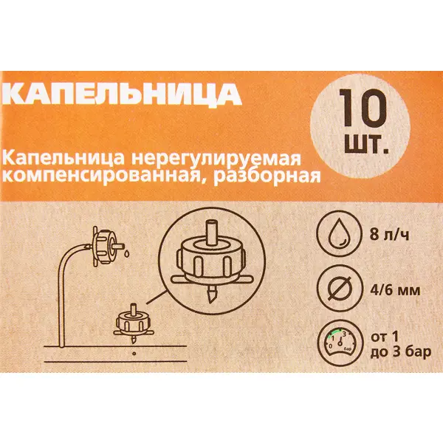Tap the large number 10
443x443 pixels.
[x=363, y=108]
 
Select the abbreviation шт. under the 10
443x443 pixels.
[x=366, y=144]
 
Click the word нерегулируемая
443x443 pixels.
[x=216, y=159]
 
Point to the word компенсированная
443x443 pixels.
[x=105, y=177]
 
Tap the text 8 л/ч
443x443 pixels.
[x=389, y=235]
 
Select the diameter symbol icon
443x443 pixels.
[x=340, y=288]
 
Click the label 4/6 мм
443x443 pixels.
[x=395, y=290]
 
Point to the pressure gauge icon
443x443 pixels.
[x=340, y=342]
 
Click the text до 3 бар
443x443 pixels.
[x=401, y=352]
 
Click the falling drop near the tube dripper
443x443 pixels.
[x=127, y=253]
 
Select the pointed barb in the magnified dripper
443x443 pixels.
[x=210, y=294]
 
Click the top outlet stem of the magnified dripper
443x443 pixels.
[x=213, y=232]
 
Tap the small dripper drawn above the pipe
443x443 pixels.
[x=134, y=324]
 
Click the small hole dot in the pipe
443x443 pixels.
[x=134, y=353]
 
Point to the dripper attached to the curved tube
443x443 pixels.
[x=106, y=246]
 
